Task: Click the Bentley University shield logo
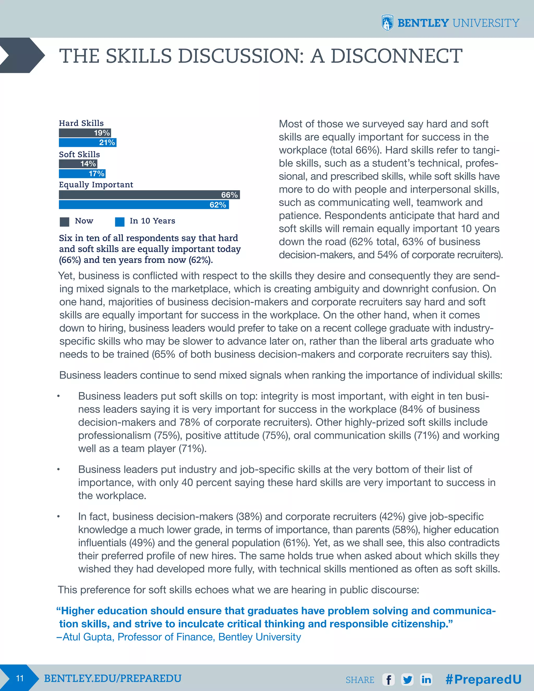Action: [x=387, y=23]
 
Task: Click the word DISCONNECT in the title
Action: [x=396, y=56]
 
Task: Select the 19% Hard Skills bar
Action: [x=85, y=133]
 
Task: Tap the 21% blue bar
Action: [x=87, y=143]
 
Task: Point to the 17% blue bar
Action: [x=82, y=174]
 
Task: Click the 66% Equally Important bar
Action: [x=149, y=195]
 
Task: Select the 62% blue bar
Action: [x=144, y=205]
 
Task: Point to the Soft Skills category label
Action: [x=80, y=154]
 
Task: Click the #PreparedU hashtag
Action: [x=483, y=679]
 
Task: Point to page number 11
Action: [x=20, y=678]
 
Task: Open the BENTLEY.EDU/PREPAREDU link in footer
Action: [x=113, y=678]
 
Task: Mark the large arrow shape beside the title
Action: [x=22, y=55]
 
